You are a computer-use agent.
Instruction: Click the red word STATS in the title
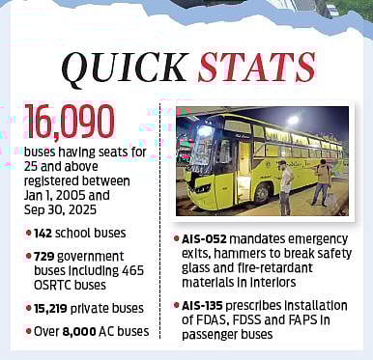click(x=256, y=68)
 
